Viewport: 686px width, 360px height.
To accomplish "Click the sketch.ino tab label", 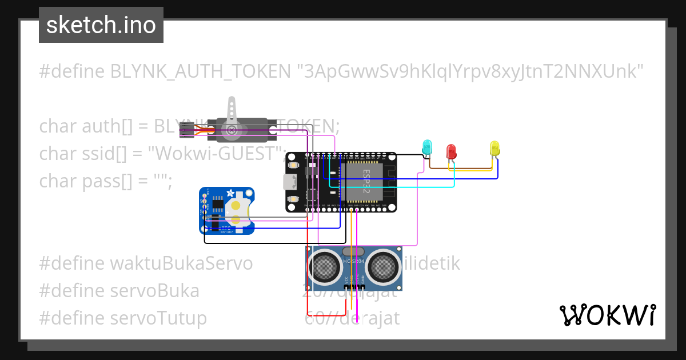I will (x=101, y=25).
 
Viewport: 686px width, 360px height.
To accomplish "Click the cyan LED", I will (x=427, y=146).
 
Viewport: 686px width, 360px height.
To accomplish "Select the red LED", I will (x=451, y=151).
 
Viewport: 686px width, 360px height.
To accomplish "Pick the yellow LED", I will (x=494, y=148).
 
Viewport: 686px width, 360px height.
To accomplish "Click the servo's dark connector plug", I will (x=186, y=130).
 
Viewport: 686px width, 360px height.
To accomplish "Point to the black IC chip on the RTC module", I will (x=218, y=205).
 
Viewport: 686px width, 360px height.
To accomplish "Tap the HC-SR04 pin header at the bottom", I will (x=354, y=286).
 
